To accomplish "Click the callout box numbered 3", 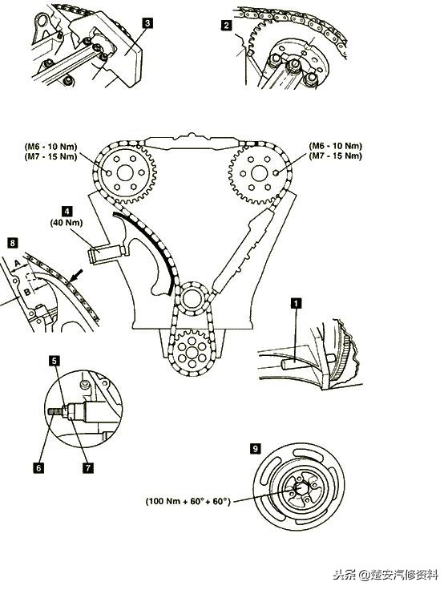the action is (x=147, y=23).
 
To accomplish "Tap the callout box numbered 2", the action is (x=226, y=25).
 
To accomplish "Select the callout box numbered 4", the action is (x=67, y=211).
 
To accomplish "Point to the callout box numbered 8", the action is (x=12, y=243).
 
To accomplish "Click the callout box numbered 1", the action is (x=297, y=303).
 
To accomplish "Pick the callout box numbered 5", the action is (x=55, y=362).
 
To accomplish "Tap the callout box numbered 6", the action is (x=38, y=468).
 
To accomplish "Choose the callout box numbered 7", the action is (x=87, y=468).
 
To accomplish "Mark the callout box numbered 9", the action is (x=255, y=449).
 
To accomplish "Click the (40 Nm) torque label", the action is (x=67, y=223).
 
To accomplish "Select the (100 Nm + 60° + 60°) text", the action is (x=188, y=501).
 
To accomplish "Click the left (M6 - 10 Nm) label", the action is (x=50, y=147).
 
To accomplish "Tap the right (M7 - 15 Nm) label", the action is (x=336, y=156).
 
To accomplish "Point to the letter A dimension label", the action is (x=17, y=264).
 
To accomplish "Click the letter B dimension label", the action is (x=26, y=292).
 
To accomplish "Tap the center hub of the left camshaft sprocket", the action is (x=125, y=173).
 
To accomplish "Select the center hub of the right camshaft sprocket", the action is (x=259, y=173).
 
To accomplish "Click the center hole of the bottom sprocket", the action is (x=192, y=353).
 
